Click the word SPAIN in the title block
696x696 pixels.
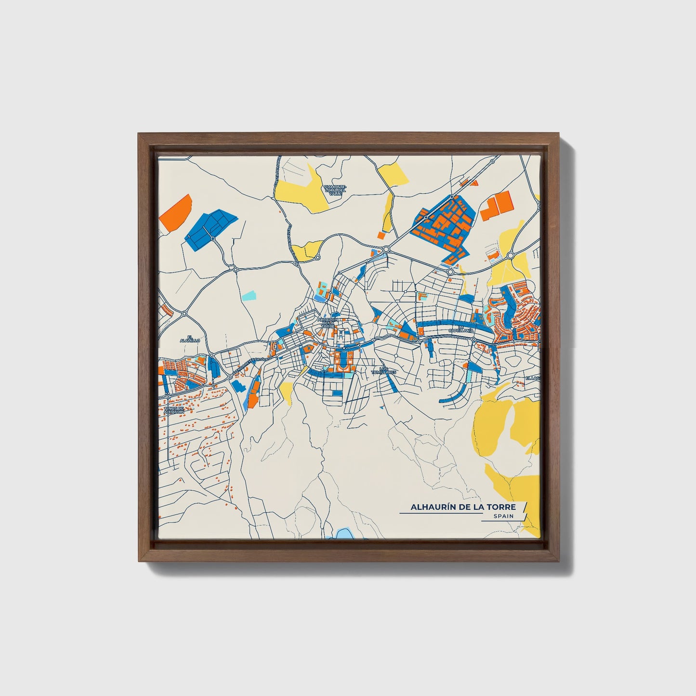tap(503, 516)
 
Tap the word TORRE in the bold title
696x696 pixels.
tap(500, 507)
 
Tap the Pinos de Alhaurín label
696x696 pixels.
tap(172, 410)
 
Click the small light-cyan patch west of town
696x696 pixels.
tap(249, 295)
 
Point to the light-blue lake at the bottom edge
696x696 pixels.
tap(344, 534)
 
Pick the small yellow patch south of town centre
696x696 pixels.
tap(286, 393)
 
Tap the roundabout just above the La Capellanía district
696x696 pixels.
tap(450, 272)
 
